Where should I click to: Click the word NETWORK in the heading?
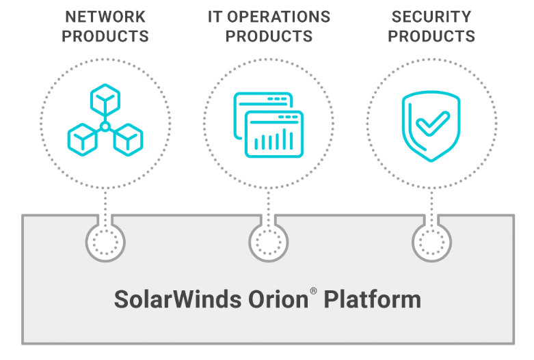pyautogui.click(x=105, y=16)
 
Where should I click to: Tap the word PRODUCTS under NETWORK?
pyautogui.click(x=105, y=36)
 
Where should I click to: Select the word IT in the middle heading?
pyautogui.click(x=215, y=16)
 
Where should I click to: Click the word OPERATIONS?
pyautogui.click(x=279, y=16)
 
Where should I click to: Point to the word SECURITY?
pyautogui.click(x=431, y=16)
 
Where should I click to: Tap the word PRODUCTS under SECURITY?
pyautogui.click(x=431, y=36)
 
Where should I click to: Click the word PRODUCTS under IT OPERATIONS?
pyautogui.click(x=269, y=36)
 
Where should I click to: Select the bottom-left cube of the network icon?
pyautogui.click(x=83, y=139)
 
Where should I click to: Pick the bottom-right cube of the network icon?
pyautogui.click(x=127, y=139)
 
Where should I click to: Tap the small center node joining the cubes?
pyautogui.click(x=105, y=126)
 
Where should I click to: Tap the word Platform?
pyautogui.click(x=372, y=300)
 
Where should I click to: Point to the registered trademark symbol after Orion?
pyautogui.click(x=313, y=292)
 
